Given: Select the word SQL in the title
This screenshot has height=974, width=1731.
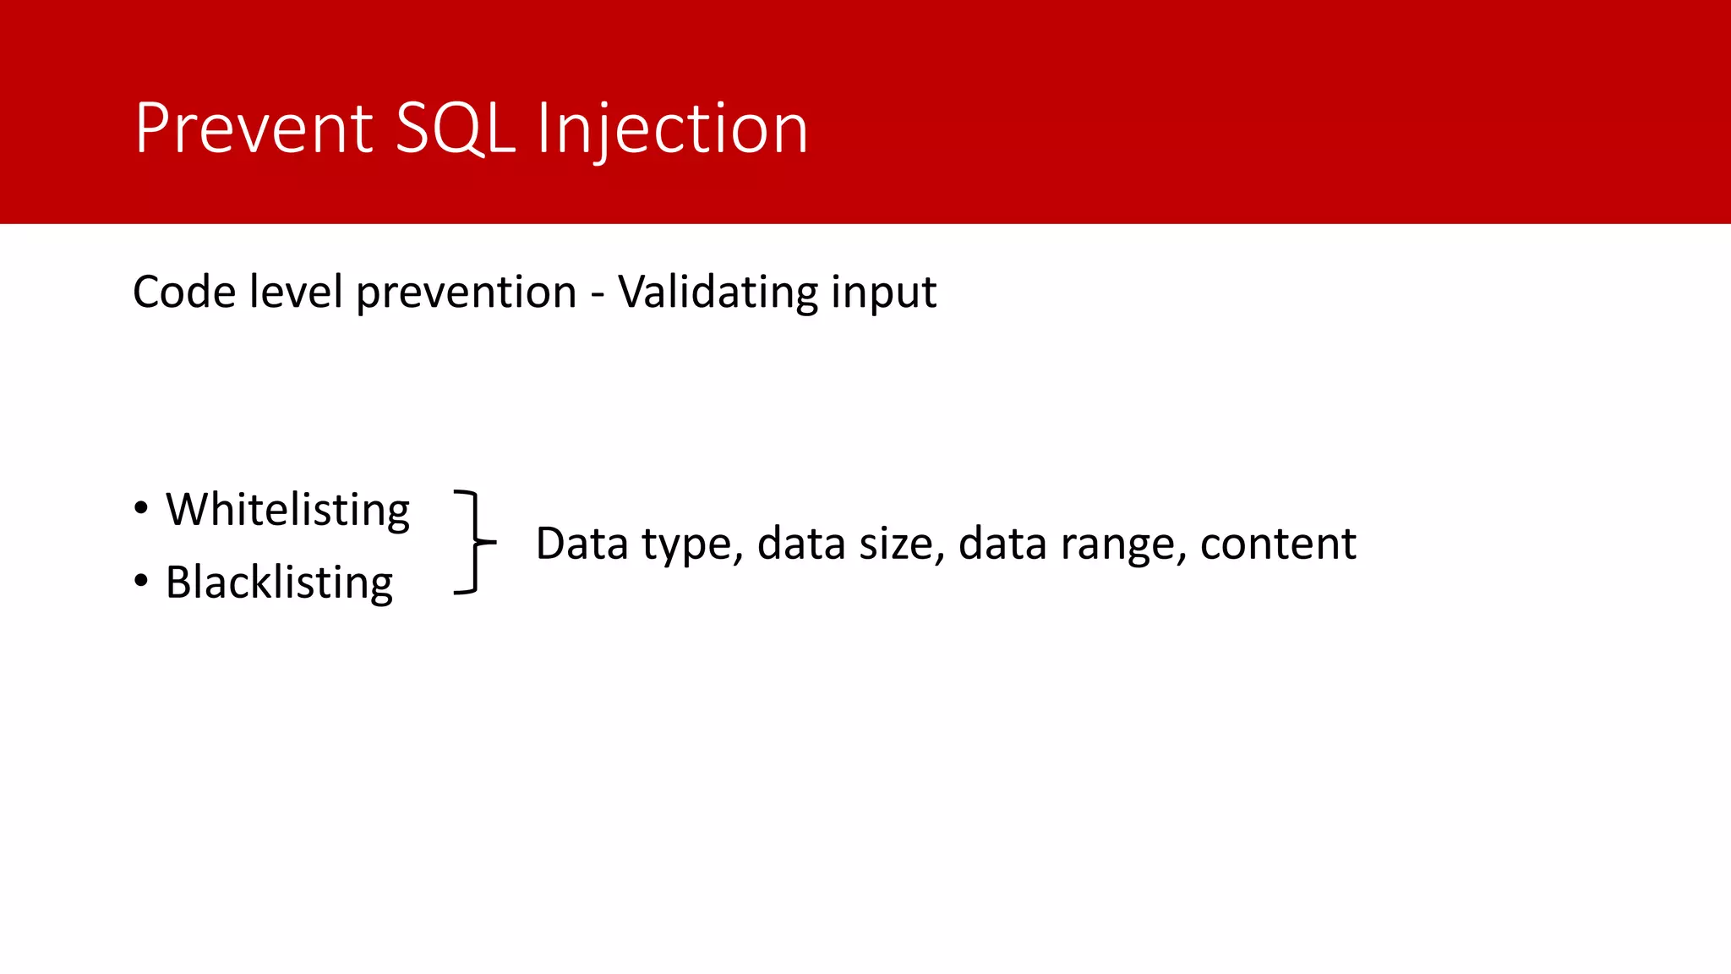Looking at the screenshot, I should pyautogui.click(x=455, y=129).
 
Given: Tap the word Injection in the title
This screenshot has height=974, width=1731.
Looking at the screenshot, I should pyautogui.click(x=672, y=129).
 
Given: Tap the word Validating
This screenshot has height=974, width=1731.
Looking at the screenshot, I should pyautogui.click(x=718, y=293).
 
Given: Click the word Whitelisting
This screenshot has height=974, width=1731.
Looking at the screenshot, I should pyautogui.click(x=287, y=510).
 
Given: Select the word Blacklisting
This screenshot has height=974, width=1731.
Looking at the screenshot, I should pyautogui.click(x=279, y=583).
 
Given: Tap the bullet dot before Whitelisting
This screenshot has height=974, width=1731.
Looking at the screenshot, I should pyautogui.click(x=141, y=508).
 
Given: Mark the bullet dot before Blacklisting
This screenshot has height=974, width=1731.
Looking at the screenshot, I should pyautogui.click(x=141, y=581).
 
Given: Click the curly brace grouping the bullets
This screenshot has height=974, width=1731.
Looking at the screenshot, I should pyautogui.click(x=474, y=542).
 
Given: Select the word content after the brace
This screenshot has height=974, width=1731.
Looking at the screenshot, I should pyautogui.click(x=1277, y=544).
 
